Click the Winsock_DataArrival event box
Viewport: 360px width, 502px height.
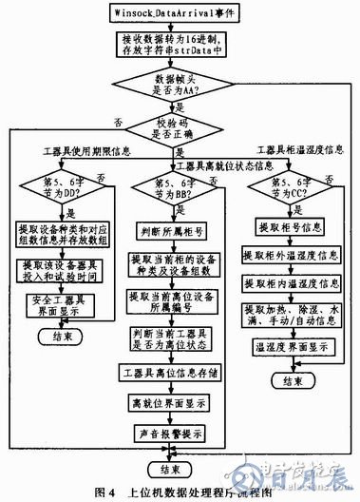pyautogui.click(x=180, y=14)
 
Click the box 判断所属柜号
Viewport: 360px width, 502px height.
pyautogui.click(x=173, y=228)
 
